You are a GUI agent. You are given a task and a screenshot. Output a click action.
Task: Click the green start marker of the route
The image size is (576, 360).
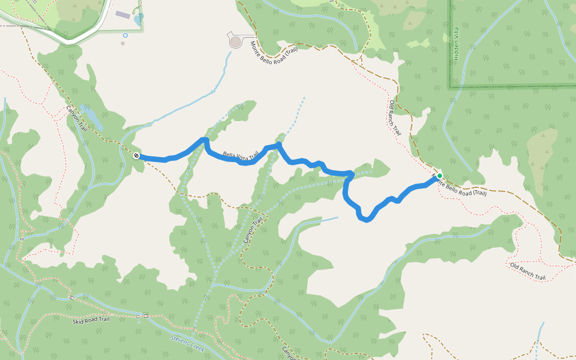tap(439, 176)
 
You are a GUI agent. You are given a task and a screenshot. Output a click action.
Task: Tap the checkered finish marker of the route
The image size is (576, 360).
tap(137, 156)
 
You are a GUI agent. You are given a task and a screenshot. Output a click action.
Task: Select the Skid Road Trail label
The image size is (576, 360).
tap(91, 320)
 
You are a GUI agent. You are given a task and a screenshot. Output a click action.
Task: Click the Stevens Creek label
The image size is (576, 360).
tap(188, 344)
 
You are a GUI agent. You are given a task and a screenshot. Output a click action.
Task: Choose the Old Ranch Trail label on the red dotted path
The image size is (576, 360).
tap(527, 272)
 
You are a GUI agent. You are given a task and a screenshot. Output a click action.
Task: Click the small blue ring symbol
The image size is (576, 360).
tap(125, 35)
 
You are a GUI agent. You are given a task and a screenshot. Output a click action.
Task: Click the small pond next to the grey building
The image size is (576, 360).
tap(139, 20)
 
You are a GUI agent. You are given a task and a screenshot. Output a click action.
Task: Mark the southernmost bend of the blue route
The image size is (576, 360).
tap(365, 220)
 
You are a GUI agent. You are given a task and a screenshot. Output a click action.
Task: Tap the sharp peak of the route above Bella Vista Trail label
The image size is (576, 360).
tap(205, 140)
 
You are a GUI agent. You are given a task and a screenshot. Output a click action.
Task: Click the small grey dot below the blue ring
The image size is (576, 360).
tap(123, 43)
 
